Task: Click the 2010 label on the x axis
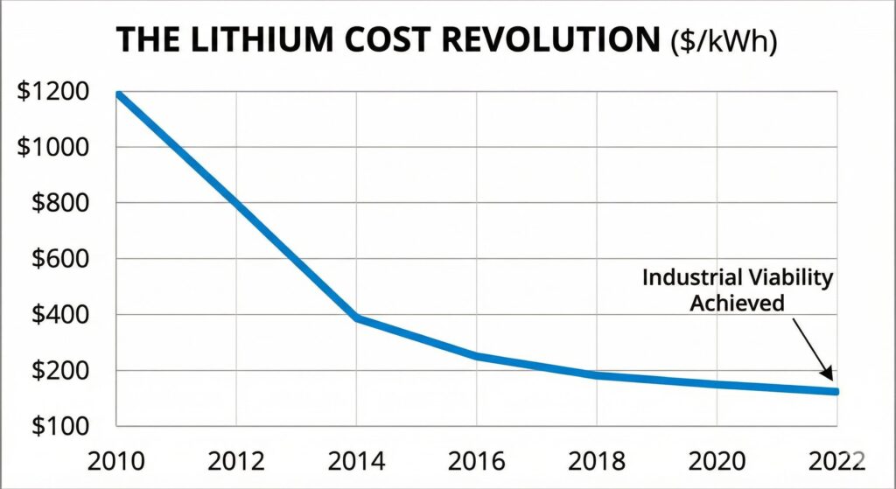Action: coord(116,459)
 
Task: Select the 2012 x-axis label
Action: coord(236,459)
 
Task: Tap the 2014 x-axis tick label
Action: coord(356,459)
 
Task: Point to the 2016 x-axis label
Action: coord(476,459)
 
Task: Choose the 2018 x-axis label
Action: coord(597,459)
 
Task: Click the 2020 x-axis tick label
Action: coord(717,459)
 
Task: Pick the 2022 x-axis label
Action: coord(836,459)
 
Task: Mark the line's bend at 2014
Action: coord(356,318)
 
